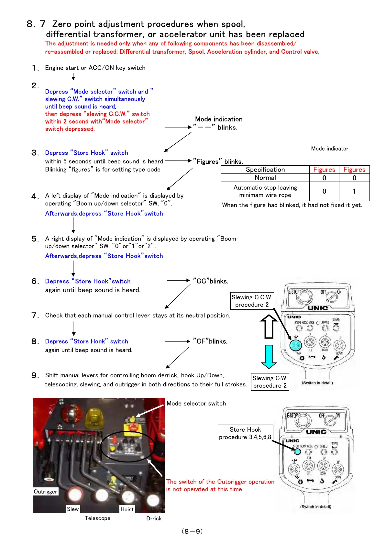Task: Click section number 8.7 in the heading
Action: pos(36,24)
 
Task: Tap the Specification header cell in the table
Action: pos(265,170)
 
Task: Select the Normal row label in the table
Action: pos(265,178)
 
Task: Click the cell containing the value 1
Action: pos(354,191)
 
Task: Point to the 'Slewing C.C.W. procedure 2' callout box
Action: pos(252,301)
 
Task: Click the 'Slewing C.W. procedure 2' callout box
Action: pos(270,382)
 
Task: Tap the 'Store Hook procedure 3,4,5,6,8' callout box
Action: pos(245,433)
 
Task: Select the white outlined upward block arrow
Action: pos(269,327)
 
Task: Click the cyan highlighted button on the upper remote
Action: pos(295,345)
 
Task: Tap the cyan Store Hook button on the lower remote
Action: pos(297,452)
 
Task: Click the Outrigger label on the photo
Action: pos(46,492)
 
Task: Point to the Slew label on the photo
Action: pos(73,509)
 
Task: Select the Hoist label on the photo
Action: pos(127,509)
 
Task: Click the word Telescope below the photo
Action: pos(97,518)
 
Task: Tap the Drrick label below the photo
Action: pos(154,518)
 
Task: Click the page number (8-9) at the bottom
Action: pos(192,531)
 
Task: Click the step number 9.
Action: pos(35,375)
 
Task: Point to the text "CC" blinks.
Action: pos(211,281)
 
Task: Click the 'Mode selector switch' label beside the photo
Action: pos(196,404)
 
